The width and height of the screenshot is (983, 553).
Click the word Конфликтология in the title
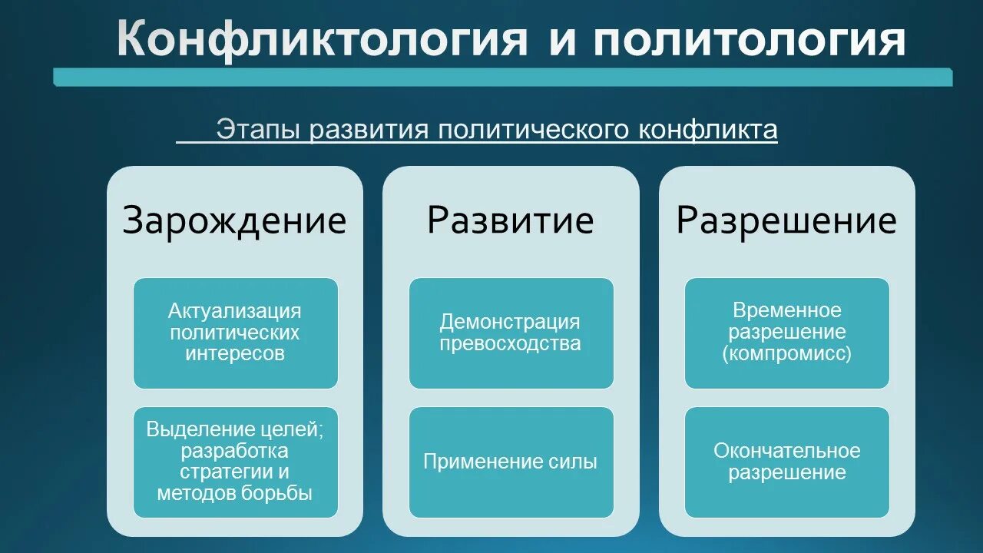[322, 40]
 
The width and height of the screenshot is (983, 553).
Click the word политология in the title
[749, 40]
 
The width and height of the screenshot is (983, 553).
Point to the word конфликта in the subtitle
[707, 130]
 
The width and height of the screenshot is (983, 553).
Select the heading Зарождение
[234, 220]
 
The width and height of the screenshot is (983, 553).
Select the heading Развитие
[510, 220]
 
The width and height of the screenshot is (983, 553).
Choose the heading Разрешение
[786, 220]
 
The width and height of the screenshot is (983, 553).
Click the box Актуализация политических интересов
[235, 333]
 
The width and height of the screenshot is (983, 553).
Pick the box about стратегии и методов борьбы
[235, 462]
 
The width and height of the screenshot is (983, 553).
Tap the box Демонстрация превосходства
[511, 333]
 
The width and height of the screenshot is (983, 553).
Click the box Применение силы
[511, 462]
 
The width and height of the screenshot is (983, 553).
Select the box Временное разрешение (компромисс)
[786, 333]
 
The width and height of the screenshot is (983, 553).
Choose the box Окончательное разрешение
[786, 462]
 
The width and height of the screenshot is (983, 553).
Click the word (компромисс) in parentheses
[786, 354]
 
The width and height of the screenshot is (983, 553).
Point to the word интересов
[235, 354]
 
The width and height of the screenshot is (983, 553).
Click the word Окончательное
[786, 451]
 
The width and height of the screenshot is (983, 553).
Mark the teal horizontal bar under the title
[503, 77]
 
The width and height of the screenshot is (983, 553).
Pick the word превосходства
[511, 343]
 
